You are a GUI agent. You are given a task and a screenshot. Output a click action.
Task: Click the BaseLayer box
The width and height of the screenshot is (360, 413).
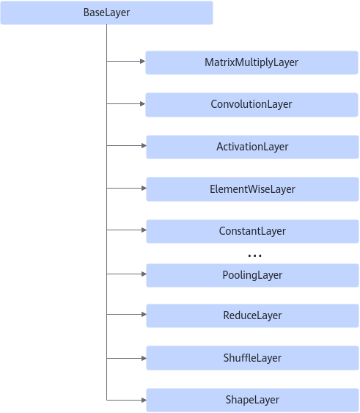[106, 12]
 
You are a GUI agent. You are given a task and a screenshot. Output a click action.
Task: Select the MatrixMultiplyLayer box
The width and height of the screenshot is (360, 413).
[251, 62]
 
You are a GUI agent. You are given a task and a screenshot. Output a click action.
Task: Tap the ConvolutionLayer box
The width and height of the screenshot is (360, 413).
[251, 105]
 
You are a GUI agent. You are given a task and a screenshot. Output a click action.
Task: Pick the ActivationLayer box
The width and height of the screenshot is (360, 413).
[252, 147]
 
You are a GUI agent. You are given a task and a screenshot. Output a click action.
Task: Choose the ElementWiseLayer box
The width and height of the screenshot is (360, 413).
[252, 189]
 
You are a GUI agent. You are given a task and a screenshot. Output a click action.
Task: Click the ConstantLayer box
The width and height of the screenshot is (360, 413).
[252, 231]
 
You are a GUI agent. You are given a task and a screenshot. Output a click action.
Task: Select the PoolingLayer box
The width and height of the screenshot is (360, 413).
[252, 275]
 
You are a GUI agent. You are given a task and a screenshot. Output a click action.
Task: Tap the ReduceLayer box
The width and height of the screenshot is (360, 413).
[252, 315]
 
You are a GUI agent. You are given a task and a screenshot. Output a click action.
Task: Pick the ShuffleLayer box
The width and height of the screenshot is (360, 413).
[252, 358]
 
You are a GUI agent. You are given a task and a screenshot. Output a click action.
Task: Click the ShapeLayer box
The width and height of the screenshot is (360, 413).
[252, 400]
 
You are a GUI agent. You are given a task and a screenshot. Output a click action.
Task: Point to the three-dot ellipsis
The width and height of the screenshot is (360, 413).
[254, 255]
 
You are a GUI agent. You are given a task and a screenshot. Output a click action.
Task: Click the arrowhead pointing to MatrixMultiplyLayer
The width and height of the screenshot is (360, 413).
[143, 62]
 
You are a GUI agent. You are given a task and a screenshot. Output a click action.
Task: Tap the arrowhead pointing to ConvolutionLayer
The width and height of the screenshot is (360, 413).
[143, 103]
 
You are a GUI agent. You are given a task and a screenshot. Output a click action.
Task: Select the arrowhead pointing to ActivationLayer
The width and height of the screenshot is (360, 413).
[144, 146]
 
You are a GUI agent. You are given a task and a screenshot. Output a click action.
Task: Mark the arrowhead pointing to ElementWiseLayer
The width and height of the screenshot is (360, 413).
[144, 188]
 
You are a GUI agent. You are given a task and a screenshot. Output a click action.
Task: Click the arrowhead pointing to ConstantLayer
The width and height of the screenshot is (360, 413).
[144, 230]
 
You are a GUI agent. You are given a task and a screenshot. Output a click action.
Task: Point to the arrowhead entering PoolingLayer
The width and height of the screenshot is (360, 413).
[144, 274]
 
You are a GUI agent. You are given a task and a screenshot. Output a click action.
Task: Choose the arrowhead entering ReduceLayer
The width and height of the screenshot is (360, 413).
[144, 314]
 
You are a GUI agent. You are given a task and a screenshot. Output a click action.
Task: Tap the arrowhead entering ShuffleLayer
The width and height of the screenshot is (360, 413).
[144, 358]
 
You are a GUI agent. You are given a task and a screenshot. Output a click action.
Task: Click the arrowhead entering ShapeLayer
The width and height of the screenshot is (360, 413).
[144, 400]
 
